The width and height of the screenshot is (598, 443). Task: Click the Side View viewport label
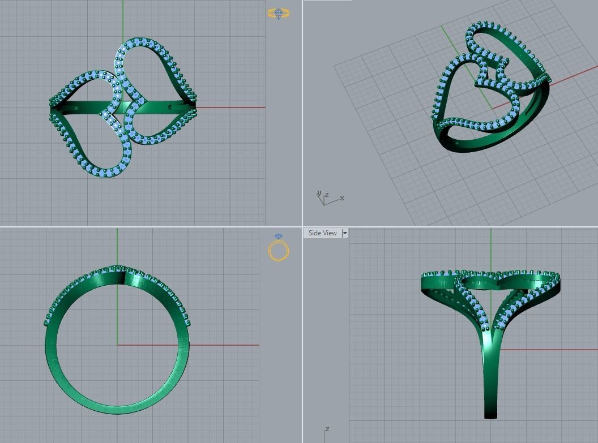322,233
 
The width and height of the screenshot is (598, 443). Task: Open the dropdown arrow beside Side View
345,233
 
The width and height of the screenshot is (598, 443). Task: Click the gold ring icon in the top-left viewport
278,13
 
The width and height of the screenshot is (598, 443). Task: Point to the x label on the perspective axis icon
342,198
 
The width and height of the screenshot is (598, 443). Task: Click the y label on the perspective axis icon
319,193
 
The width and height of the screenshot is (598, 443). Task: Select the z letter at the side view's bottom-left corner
327,429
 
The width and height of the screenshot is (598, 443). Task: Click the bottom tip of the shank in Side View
490,416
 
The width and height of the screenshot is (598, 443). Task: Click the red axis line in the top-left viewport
232,107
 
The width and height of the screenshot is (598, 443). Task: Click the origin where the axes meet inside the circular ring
117,345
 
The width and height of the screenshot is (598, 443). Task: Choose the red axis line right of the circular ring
227,345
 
